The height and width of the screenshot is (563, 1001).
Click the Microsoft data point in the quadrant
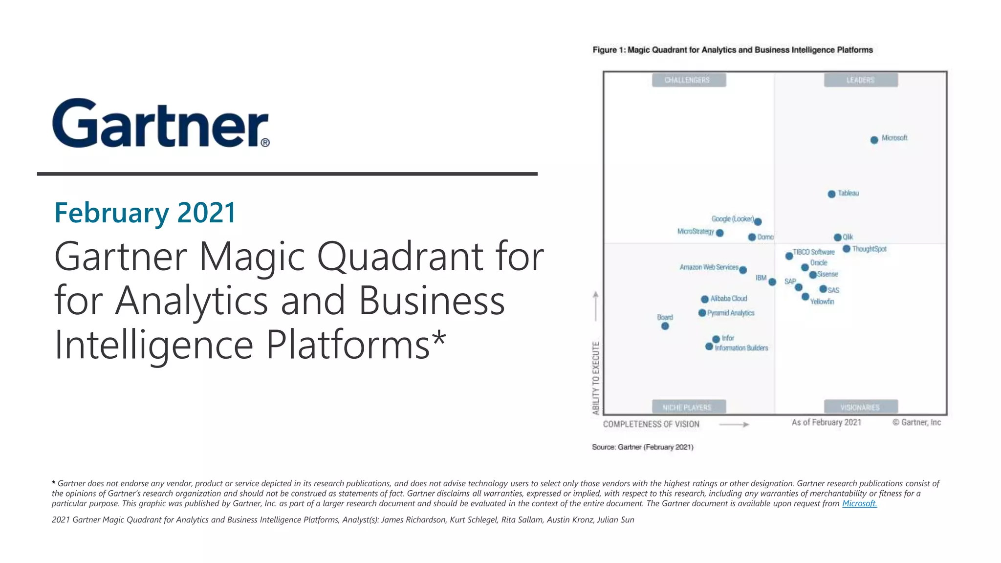pyautogui.click(x=874, y=140)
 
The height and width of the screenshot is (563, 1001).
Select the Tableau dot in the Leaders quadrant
pyautogui.click(x=831, y=194)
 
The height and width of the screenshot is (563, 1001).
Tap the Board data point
pyautogui.click(x=665, y=326)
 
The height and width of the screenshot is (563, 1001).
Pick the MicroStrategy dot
pyautogui.click(x=719, y=233)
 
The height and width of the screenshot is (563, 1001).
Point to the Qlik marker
pyautogui.click(x=837, y=238)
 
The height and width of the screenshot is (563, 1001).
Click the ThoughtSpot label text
pyautogui.click(x=869, y=249)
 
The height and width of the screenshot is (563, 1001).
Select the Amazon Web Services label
pyautogui.click(x=709, y=267)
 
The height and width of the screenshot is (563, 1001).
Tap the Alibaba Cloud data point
pyautogui.click(x=704, y=299)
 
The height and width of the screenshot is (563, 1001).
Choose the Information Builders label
pyautogui.click(x=741, y=348)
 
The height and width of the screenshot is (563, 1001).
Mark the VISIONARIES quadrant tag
pyautogui.click(x=860, y=407)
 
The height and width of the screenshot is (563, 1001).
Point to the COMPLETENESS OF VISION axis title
pyautogui.click(x=651, y=424)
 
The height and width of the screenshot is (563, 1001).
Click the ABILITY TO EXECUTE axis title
pyautogui.click(x=596, y=378)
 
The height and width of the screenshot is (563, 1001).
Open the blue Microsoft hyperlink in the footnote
pyautogui.click(x=859, y=503)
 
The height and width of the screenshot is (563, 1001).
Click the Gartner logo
pyautogui.click(x=161, y=123)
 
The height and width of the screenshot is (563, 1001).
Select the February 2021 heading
pyautogui.click(x=145, y=213)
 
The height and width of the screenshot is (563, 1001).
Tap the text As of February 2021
pyautogui.click(x=826, y=422)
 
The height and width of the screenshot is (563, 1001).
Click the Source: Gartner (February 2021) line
pyautogui.click(x=642, y=447)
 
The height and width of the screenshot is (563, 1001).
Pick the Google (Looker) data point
pyautogui.click(x=758, y=222)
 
